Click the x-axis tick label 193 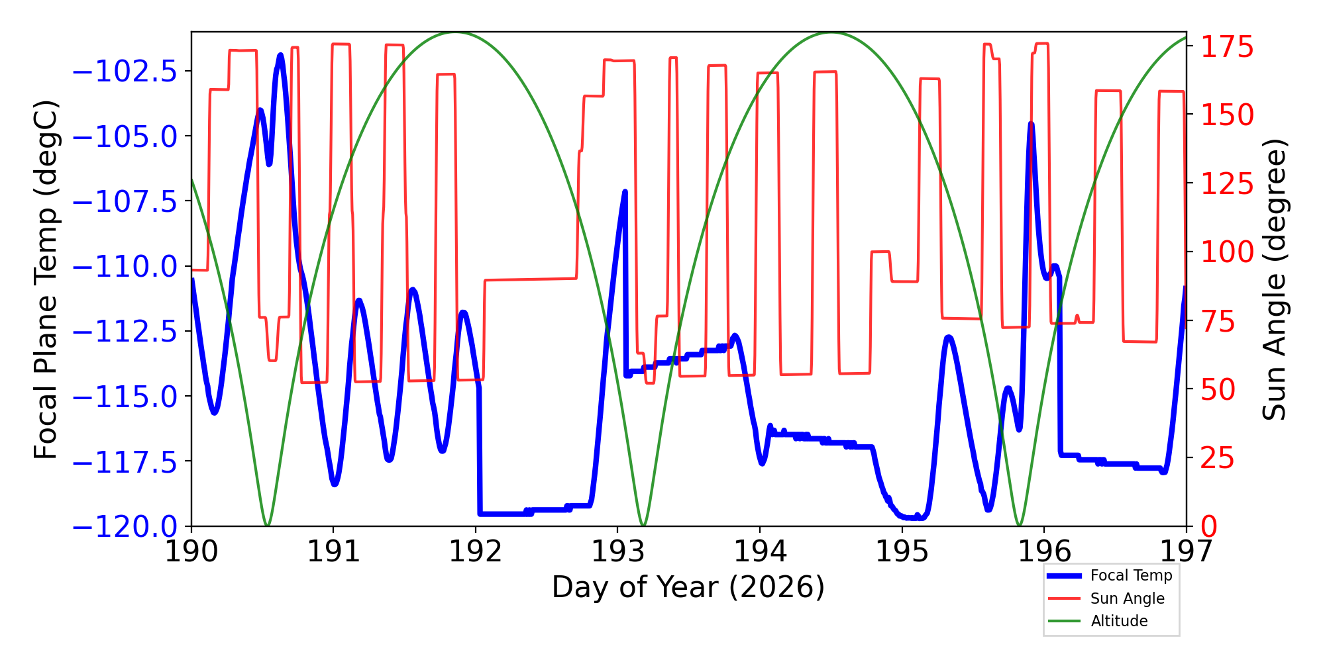pyautogui.click(x=617, y=551)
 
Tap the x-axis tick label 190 pyautogui.click(x=191, y=551)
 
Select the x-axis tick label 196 pyautogui.click(x=1044, y=551)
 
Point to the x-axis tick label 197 pyautogui.click(x=1186, y=551)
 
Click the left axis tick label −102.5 pyautogui.click(x=125, y=71)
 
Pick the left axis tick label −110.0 pyautogui.click(x=125, y=267)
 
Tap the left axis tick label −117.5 pyautogui.click(x=125, y=462)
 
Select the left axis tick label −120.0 pyautogui.click(x=125, y=527)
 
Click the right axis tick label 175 pyautogui.click(x=1228, y=48)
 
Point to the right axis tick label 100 pyautogui.click(x=1228, y=252)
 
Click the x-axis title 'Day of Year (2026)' pyautogui.click(x=688, y=587)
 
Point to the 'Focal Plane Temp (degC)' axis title pyautogui.click(x=46, y=279)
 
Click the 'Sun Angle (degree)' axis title pyautogui.click(x=1273, y=279)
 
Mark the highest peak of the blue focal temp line pyautogui.click(x=281, y=55)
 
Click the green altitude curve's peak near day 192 pyautogui.click(x=455, y=32)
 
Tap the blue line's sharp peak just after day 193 pyautogui.click(x=625, y=191)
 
